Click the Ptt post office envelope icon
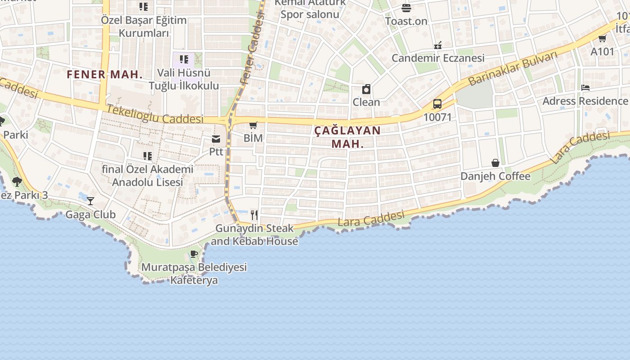(216, 139)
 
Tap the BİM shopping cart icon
(253, 125)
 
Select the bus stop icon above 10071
(437, 104)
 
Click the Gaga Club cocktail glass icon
(90, 201)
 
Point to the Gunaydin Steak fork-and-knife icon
(254, 215)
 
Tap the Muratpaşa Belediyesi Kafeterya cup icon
(194, 254)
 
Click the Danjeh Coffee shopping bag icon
(495, 163)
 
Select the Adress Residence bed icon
(585, 88)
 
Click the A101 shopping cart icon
(602, 38)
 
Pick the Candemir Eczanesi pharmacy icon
(437, 45)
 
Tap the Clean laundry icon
(366, 89)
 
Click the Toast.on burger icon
(406, 8)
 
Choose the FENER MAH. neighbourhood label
(104, 75)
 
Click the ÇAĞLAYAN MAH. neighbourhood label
(347, 137)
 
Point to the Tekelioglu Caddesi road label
(155, 115)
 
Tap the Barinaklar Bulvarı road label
(513, 68)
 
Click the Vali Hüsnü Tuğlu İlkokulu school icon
(184, 59)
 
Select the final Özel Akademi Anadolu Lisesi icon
(147, 156)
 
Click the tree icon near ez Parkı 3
(17, 182)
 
